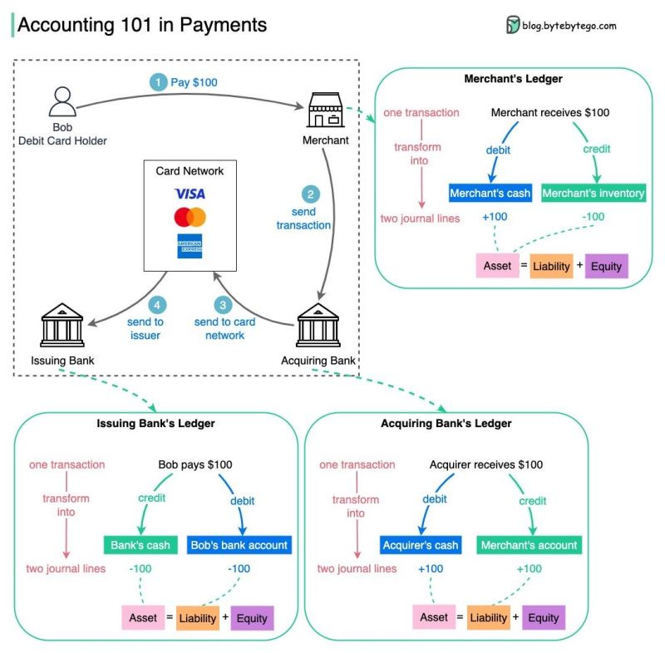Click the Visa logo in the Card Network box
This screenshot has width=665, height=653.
[x=190, y=194]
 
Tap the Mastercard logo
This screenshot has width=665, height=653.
[x=190, y=218]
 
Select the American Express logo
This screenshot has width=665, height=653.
[x=190, y=247]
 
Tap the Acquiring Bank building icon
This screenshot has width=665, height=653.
[x=320, y=323]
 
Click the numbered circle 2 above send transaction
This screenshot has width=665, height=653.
[x=311, y=194]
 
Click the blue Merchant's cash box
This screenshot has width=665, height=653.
[x=490, y=194]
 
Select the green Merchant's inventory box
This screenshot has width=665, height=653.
[x=594, y=194]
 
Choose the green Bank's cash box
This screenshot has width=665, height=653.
[x=140, y=546]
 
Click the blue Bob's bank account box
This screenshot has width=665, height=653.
[x=239, y=546]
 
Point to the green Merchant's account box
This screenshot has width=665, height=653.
[x=529, y=546]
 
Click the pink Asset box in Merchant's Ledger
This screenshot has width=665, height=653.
[x=497, y=267]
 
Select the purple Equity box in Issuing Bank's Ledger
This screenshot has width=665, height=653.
[x=252, y=618]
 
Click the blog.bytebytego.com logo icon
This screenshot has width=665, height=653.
[x=513, y=26]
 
